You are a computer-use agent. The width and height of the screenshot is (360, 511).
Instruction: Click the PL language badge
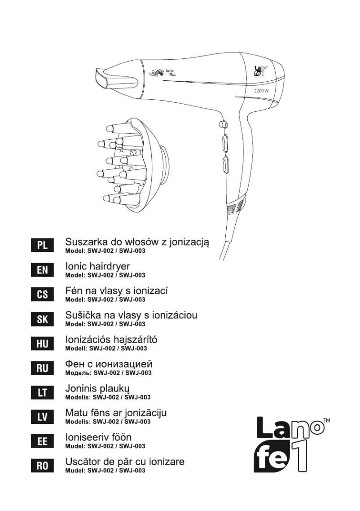tap(43, 246)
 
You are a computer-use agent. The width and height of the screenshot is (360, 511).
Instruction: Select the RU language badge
tap(43, 368)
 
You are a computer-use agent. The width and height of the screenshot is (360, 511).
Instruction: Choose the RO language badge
tap(43, 466)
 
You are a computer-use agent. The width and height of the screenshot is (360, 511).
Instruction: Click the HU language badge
tap(43, 344)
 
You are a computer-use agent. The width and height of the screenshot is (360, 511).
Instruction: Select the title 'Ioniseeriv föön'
tap(98, 437)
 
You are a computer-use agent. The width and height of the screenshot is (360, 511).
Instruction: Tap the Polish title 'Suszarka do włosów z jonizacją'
tap(137, 242)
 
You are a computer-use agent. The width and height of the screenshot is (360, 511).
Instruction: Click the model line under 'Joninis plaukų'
tap(108, 397)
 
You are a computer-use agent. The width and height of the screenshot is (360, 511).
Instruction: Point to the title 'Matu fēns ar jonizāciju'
tap(116, 413)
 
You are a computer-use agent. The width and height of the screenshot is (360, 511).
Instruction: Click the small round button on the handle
tap(222, 123)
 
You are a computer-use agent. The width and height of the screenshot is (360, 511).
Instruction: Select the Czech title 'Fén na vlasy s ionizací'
tap(117, 291)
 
